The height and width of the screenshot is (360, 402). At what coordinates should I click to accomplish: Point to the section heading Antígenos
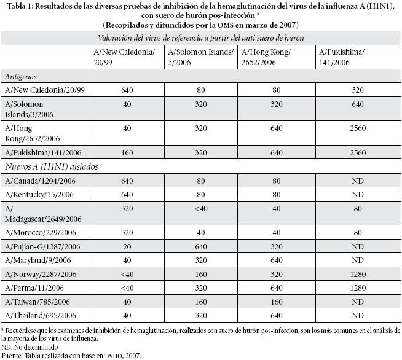(x=21, y=77)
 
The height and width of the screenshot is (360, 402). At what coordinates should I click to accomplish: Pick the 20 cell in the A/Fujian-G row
(x=126, y=246)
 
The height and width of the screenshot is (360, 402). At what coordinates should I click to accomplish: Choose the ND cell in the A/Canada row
(x=360, y=181)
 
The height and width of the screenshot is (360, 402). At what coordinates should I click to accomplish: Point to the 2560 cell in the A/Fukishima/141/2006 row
(x=360, y=152)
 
